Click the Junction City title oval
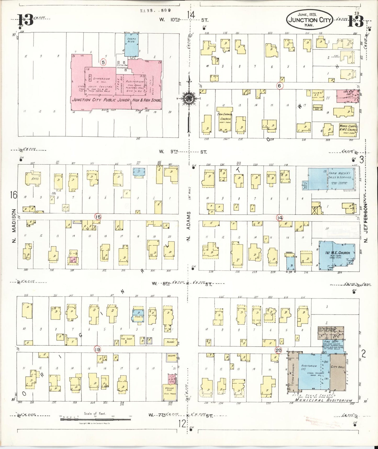coord(310,20)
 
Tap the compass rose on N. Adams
coord(188,98)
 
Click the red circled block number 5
coord(103,62)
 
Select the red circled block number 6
coord(280,86)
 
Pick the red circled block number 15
coord(98,217)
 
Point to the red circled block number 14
coord(280,217)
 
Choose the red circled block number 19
coord(98,349)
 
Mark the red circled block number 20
coord(278,350)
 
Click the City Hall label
coord(338,367)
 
